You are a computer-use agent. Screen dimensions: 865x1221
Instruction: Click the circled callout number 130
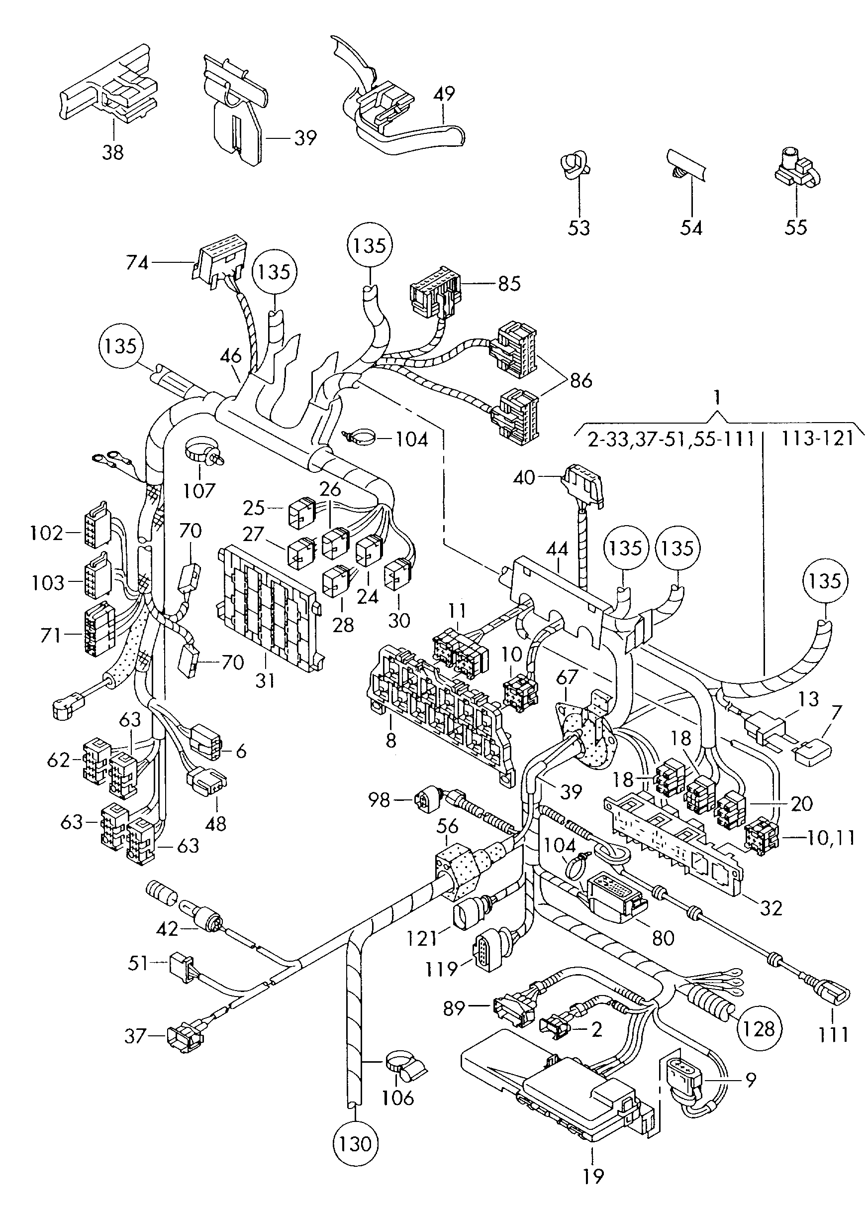click(355, 1144)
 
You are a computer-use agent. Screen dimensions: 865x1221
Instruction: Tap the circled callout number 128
click(759, 1028)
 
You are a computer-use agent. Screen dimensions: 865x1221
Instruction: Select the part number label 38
click(113, 152)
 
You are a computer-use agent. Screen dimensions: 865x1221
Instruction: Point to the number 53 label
click(579, 227)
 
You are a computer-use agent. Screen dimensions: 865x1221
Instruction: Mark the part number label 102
click(47, 533)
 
